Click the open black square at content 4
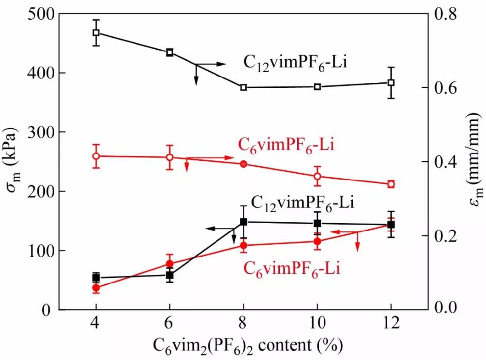[x=96, y=33]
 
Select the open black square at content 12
[x=391, y=82]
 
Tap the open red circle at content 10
[x=317, y=176]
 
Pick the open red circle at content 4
[x=96, y=156]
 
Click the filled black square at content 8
[x=243, y=222]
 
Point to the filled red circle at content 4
[x=96, y=288]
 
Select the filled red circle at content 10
[x=317, y=241]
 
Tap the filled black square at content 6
[x=170, y=275]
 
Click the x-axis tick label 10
[x=317, y=324]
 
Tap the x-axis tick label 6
[x=170, y=324]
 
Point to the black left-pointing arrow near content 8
[x=218, y=229]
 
